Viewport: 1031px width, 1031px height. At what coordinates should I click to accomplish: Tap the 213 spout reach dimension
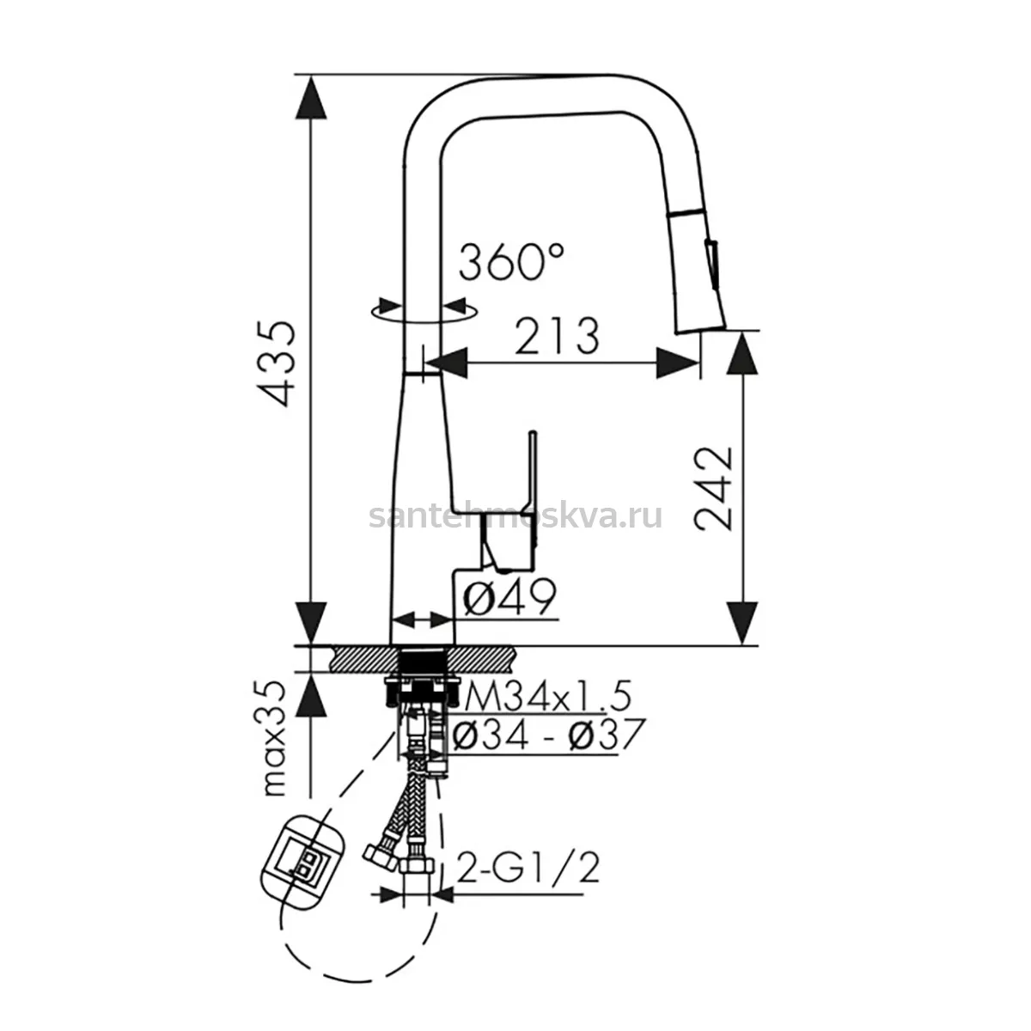coord(557,336)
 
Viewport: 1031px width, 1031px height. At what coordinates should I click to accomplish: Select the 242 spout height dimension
coord(713,489)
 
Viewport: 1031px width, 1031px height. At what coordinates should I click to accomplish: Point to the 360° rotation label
coord(511,262)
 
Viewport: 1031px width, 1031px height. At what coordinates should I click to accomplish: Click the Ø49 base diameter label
coord(509,596)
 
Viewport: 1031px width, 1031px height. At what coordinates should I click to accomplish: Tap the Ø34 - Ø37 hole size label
coord(549,734)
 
